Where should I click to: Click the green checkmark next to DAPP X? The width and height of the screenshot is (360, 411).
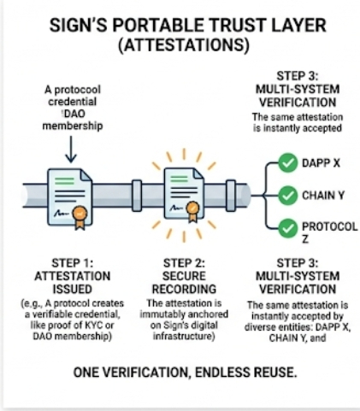coord(288,162)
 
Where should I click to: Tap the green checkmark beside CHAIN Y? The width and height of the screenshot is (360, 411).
coord(288,196)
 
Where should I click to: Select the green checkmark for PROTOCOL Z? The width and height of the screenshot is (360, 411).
coord(288,228)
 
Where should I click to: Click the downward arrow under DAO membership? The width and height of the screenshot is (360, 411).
coord(71,149)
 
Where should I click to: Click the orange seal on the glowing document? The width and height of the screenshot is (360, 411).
coord(193,211)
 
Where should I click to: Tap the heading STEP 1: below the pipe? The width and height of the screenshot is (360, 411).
coord(73,262)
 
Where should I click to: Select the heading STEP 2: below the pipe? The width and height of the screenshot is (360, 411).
coord(184,262)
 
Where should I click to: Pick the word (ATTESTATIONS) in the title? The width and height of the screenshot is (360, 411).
coord(184,45)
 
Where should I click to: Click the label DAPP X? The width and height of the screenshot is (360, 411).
coord(321,163)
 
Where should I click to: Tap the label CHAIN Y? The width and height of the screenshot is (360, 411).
coord(323,196)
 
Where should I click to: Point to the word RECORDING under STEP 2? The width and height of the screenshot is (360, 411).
coord(184,289)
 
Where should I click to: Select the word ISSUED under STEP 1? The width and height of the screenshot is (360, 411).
coord(72,289)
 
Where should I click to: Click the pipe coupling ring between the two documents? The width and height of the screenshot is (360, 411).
coord(137,196)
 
